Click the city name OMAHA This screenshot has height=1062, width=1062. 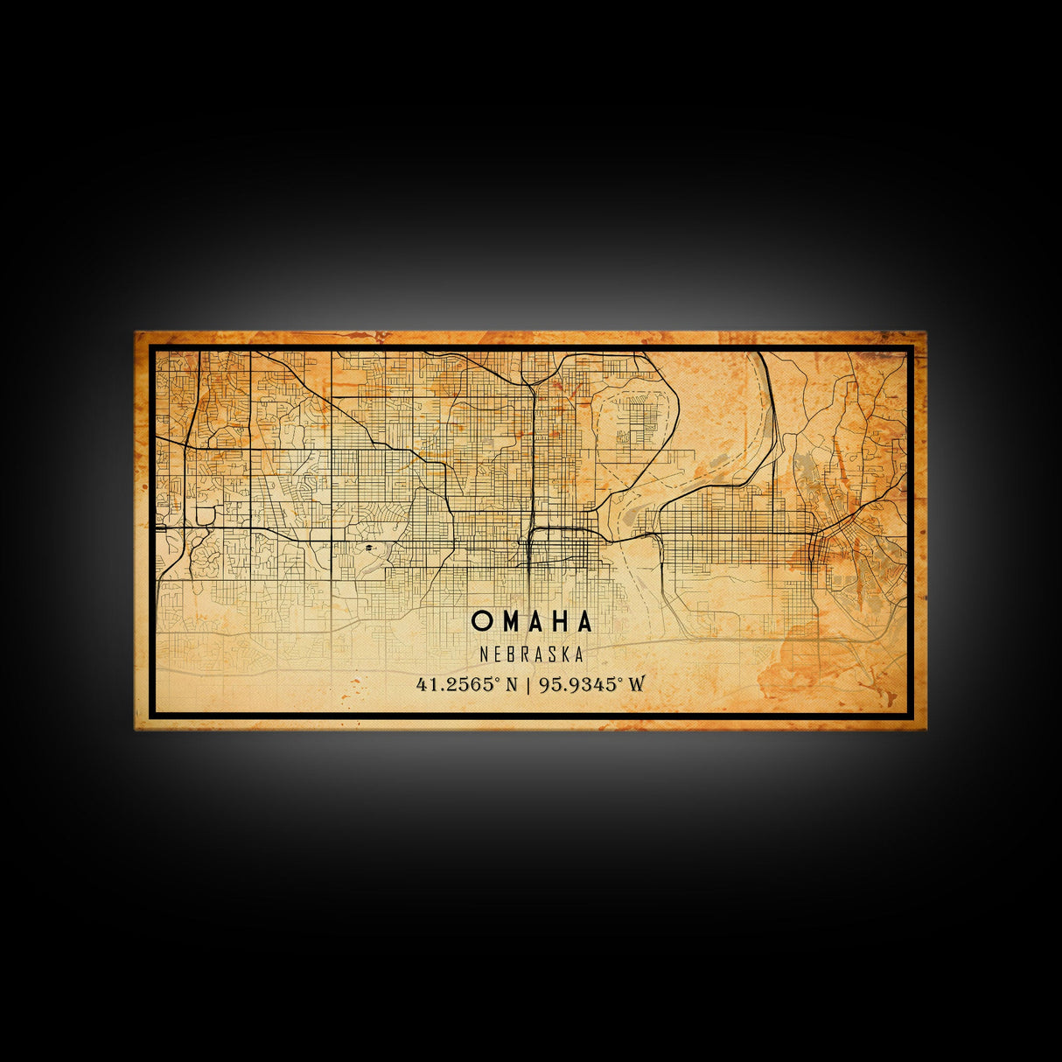coord(532,621)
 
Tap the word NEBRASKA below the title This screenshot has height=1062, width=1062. coord(532,654)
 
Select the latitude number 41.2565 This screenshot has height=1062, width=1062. coord(455,684)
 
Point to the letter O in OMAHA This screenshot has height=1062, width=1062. coord(480,621)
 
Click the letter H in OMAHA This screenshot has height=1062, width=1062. coord(559,621)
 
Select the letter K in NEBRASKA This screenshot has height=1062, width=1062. coord(565,654)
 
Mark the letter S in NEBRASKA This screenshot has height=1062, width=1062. coord(552,654)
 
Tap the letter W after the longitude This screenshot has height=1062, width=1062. coord(636,684)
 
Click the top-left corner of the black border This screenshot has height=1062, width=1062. coord(151,347)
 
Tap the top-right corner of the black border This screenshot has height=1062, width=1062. coord(911,347)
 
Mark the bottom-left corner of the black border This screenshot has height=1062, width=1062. coord(151,715)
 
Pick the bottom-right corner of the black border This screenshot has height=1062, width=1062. coord(911,715)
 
